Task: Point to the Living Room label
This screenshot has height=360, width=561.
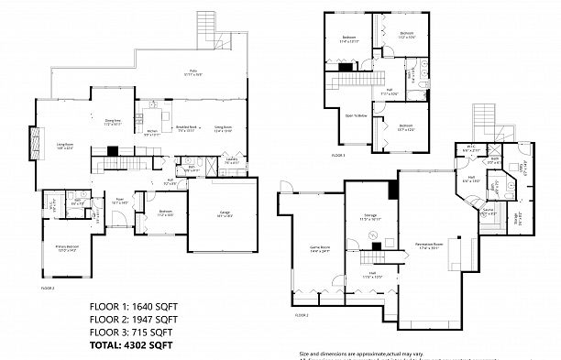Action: click(x=65, y=146)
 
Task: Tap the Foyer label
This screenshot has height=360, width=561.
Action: click(x=119, y=201)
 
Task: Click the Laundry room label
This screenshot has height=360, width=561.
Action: click(x=231, y=161)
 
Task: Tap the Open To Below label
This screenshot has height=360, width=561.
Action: click(x=356, y=116)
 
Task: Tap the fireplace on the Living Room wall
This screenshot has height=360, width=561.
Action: click(x=36, y=143)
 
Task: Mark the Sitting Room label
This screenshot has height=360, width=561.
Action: click(x=223, y=129)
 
